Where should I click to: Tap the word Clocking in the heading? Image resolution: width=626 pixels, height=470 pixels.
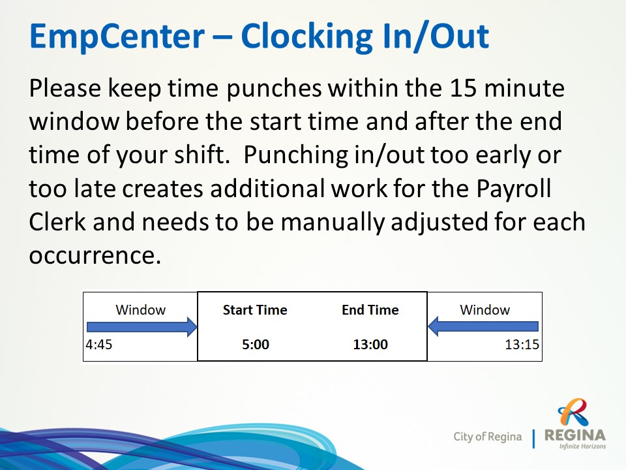tap(307, 37)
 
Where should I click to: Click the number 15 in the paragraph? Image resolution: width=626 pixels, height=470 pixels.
tap(463, 88)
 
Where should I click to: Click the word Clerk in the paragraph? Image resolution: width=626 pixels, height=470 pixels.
tap(57, 222)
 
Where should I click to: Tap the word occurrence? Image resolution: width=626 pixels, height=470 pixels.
tap(95, 256)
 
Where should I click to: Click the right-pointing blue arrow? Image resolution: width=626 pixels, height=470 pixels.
tap(142, 327)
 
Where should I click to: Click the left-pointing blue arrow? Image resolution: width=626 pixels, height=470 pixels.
tap(483, 326)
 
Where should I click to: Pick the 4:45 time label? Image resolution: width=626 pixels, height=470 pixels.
tap(99, 344)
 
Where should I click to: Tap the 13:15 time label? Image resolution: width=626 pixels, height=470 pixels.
tap(522, 344)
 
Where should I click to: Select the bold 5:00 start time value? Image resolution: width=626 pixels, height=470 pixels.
tap(256, 345)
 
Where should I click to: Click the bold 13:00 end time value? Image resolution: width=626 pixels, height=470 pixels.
tap(370, 345)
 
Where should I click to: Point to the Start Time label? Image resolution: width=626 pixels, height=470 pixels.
tap(255, 310)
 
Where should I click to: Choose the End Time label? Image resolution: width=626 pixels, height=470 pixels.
tap(370, 310)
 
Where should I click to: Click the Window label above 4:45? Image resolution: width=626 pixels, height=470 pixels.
tap(141, 309)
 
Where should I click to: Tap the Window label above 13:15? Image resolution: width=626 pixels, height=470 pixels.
tap(484, 309)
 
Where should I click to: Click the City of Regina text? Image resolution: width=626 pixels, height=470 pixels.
tap(488, 437)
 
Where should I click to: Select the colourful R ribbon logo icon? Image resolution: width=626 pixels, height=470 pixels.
tap(574, 413)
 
